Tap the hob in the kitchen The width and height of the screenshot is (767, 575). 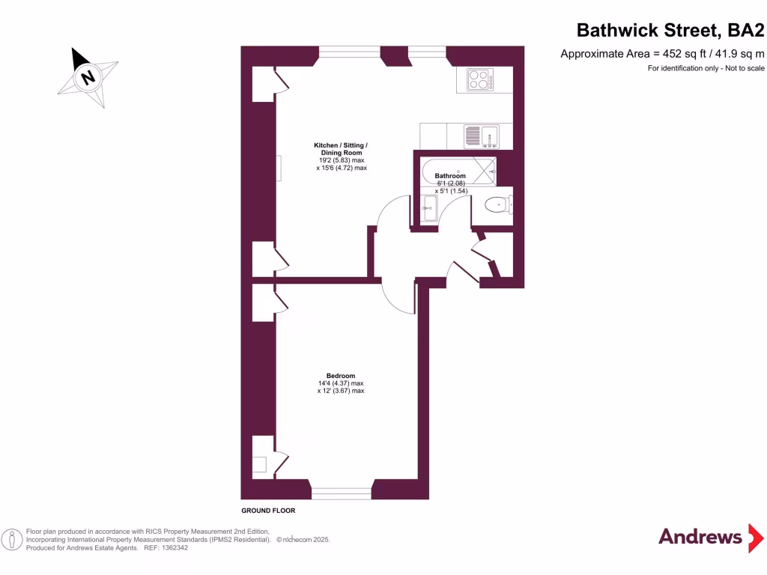coord(478,79)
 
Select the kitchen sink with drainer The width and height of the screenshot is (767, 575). coord(479,136)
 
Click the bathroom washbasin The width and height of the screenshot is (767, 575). coord(430,209)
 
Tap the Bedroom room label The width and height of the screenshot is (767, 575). coord(340,376)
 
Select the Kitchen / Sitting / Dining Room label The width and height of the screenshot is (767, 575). coord(341,148)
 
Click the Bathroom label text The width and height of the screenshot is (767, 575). coord(455,177)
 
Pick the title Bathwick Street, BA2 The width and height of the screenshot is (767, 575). coord(670,31)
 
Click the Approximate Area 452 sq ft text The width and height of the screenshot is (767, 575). coord(662,53)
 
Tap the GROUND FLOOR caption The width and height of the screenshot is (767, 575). coord(268,511)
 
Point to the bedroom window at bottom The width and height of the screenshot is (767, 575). coord(342,492)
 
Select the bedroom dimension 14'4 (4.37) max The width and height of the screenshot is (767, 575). coord(340,383)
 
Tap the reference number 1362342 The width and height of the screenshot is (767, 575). coord(174,548)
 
